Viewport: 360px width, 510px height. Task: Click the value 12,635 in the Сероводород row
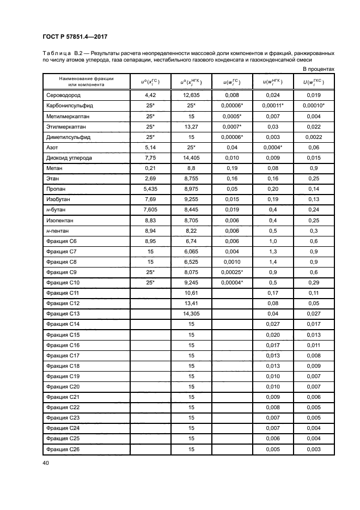click(191, 95)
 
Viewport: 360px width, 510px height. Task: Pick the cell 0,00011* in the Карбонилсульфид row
click(275, 105)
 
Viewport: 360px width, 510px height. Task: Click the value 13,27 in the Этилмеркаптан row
click(191, 126)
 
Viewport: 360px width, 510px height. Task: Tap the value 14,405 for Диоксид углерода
click(191, 158)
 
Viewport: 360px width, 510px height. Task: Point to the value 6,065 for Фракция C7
click(191, 251)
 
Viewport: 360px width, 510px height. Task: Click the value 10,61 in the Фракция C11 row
click(191, 293)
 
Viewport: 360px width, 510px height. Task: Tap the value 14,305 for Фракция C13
click(191, 314)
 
